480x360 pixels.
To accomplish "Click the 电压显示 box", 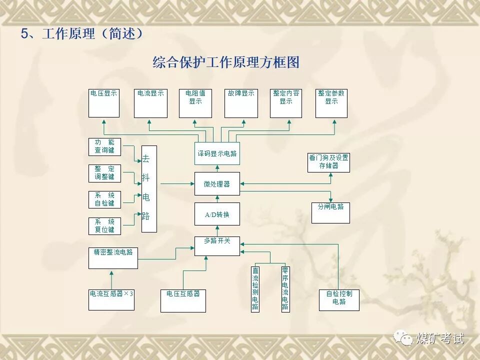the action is click(x=104, y=103).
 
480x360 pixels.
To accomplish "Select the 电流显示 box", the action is click(x=151, y=103).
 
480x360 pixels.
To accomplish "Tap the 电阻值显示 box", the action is click(x=195, y=103).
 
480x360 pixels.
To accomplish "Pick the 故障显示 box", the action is click(x=241, y=103).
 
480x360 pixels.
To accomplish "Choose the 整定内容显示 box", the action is click(x=286, y=103).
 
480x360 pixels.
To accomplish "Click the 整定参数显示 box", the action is click(x=331, y=103).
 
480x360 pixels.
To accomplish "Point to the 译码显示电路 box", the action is click(x=217, y=153).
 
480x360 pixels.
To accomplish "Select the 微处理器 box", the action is click(x=217, y=183).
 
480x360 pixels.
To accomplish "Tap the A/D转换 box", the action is click(x=217, y=214).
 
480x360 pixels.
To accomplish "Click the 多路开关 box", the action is click(x=217, y=245).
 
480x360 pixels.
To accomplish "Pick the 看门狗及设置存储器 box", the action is click(x=328, y=162).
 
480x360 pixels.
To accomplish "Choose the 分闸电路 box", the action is click(x=330, y=212).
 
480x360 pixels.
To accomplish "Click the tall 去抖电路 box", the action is click(x=149, y=188).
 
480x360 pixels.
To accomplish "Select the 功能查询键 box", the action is click(x=104, y=146).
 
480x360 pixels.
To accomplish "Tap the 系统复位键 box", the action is click(x=104, y=225).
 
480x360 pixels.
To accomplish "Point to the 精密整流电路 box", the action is click(x=113, y=257).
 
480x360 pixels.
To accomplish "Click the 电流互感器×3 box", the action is click(x=111, y=299).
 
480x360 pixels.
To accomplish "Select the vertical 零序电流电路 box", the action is click(x=285, y=288).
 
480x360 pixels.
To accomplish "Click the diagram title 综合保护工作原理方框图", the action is click(x=226, y=62).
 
